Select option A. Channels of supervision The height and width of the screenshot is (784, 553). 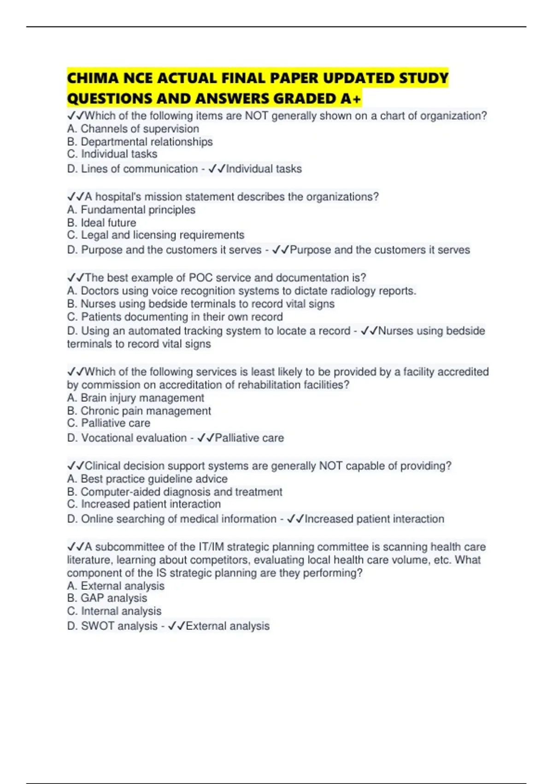[133, 129]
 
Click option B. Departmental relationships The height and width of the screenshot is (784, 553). [140, 142]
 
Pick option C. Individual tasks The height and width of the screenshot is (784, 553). [112, 154]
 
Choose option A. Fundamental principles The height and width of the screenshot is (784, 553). [131, 210]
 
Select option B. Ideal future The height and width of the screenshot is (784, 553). [101, 223]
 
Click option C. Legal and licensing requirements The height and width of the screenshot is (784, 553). [155, 235]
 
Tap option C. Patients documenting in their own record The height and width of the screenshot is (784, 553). [175, 317]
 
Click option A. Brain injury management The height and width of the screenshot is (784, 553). [135, 398]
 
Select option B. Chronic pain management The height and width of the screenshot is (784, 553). [139, 411]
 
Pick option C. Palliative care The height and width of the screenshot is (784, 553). [108, 423]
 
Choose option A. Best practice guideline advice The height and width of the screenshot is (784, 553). [147, 479]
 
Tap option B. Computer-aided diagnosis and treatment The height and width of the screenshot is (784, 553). [174, 492]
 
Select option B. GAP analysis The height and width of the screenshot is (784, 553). [107, 598]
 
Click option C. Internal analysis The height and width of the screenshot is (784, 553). [114, 611]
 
